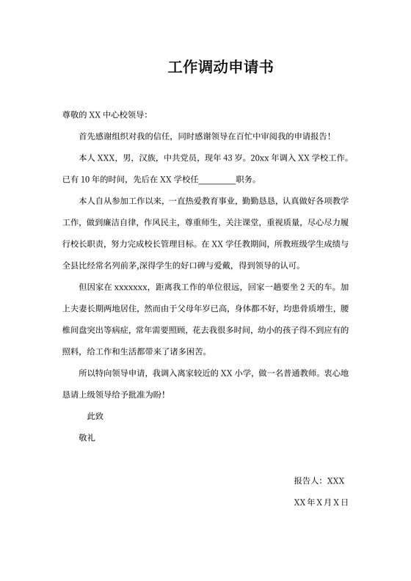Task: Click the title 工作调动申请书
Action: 221,68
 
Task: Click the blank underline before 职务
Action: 217,179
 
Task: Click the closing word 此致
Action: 95,416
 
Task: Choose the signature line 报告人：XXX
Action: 319,481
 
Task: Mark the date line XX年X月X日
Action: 320,503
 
